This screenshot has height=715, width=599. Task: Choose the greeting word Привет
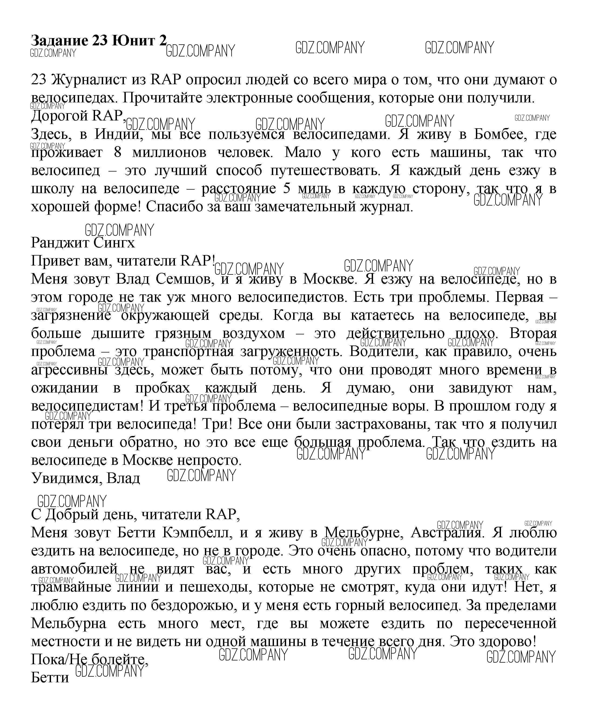click(53, 261)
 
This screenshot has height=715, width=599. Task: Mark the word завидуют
click(480, 388)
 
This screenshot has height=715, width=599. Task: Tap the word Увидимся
click(66, 478)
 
